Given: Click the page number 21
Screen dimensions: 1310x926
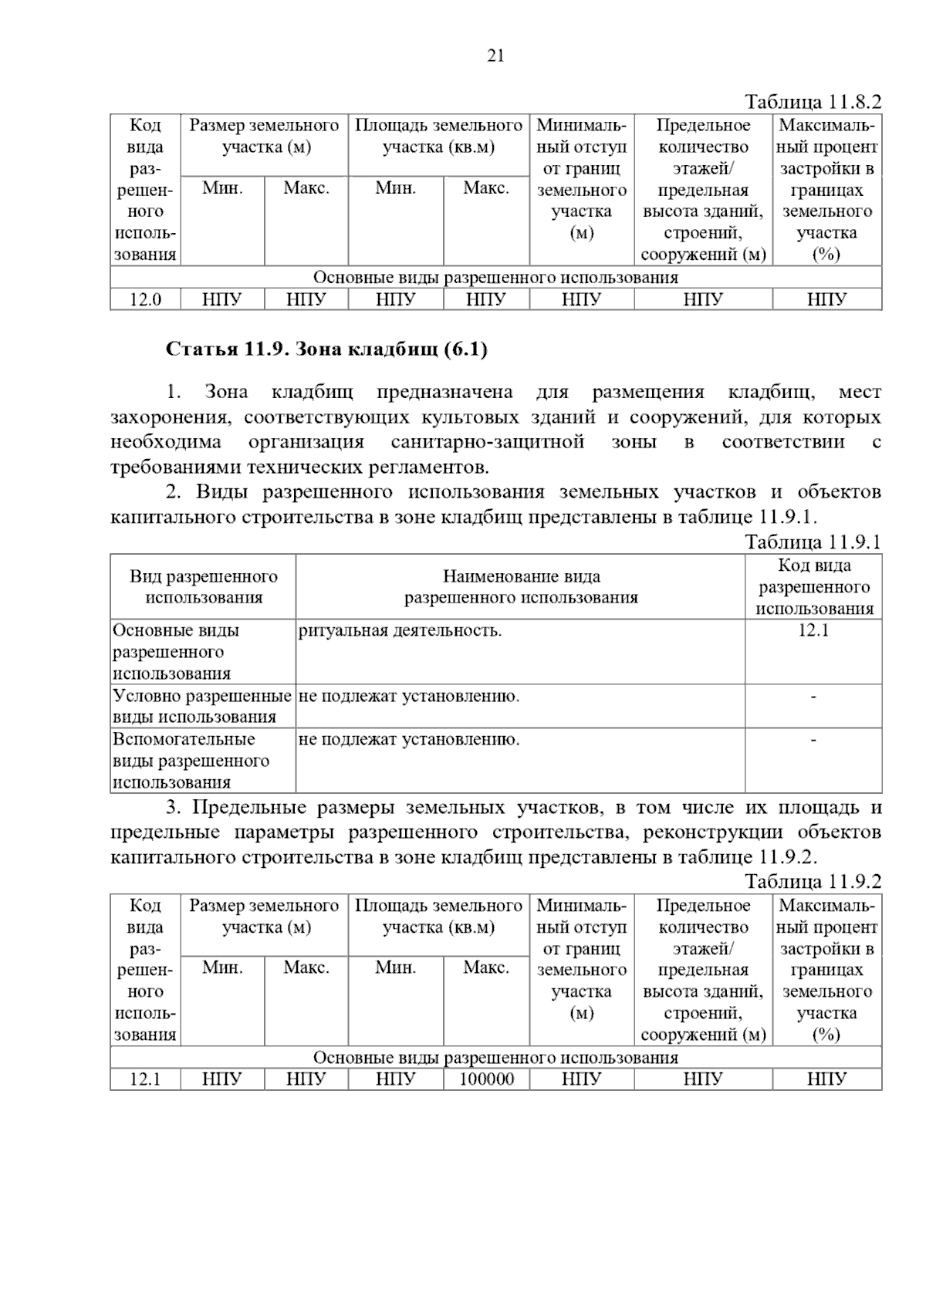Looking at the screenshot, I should [x=495, y=56].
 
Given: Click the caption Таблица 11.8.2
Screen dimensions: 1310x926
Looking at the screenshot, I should [x=813, y=103].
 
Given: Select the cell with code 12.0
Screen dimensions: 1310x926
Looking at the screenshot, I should [x=145, y=299].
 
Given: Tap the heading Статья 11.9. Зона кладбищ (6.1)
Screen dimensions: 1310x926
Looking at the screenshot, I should [x=327, y=349].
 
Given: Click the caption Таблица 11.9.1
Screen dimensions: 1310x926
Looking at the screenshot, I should [x=813, y=542].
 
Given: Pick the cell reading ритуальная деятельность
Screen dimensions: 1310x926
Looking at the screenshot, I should [x=400, y=631].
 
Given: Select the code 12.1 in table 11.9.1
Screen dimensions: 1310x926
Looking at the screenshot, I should [x=813, y=630].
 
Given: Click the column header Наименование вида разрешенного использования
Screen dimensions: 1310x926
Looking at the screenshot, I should [x=521, y=586].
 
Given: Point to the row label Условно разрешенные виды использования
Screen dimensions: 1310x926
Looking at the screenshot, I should [x=201, y=706].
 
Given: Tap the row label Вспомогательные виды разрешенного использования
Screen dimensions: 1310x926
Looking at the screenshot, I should [x=191, y=761].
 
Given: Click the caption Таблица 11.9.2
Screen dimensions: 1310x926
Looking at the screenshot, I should [x=813, y=881].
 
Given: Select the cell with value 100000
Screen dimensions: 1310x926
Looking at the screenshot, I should [x=486, y=1079].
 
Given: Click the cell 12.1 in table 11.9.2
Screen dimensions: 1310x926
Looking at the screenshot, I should [x=145, y=1079].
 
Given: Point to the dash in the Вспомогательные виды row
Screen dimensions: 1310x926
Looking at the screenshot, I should [x=813, y=740].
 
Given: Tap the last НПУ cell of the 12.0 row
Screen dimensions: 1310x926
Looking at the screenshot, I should [x=826, y=299].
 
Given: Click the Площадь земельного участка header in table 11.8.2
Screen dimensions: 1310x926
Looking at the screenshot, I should [x=438, y=136].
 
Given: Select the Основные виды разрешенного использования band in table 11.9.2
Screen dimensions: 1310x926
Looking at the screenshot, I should [x=495, y=1057].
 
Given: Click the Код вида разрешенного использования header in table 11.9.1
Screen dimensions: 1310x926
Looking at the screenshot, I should [x=813, y=586].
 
